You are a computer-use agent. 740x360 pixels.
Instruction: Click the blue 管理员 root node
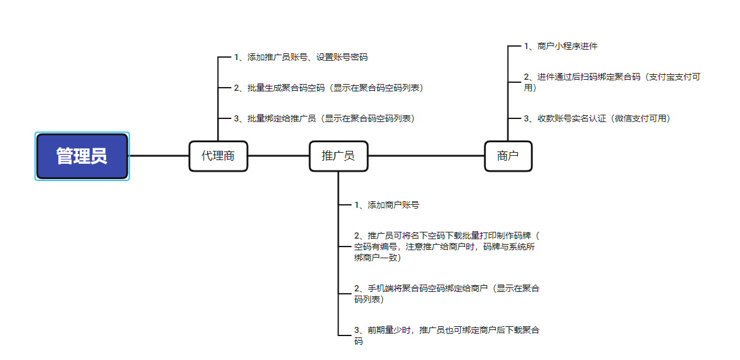click(x=82, y=156)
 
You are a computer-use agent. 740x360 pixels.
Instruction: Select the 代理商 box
click(x=218, y=156)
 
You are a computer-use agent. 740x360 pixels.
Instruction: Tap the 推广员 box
click(x=338, y=156)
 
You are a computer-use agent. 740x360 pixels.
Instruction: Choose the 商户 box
click(x=507, y=156)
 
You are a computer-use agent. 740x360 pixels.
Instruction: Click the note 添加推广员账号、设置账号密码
click(x=301, y=57)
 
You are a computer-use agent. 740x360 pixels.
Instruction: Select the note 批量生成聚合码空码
click(x=328, y=88)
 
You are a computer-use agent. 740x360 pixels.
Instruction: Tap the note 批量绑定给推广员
click(x=324, y=118)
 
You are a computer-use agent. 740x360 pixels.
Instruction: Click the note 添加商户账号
click(x=387, y=205)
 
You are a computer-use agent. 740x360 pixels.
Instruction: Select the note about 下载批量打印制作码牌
click(x=447, y=246)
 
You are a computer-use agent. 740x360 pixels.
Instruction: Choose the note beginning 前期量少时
click(x=447, y=335)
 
